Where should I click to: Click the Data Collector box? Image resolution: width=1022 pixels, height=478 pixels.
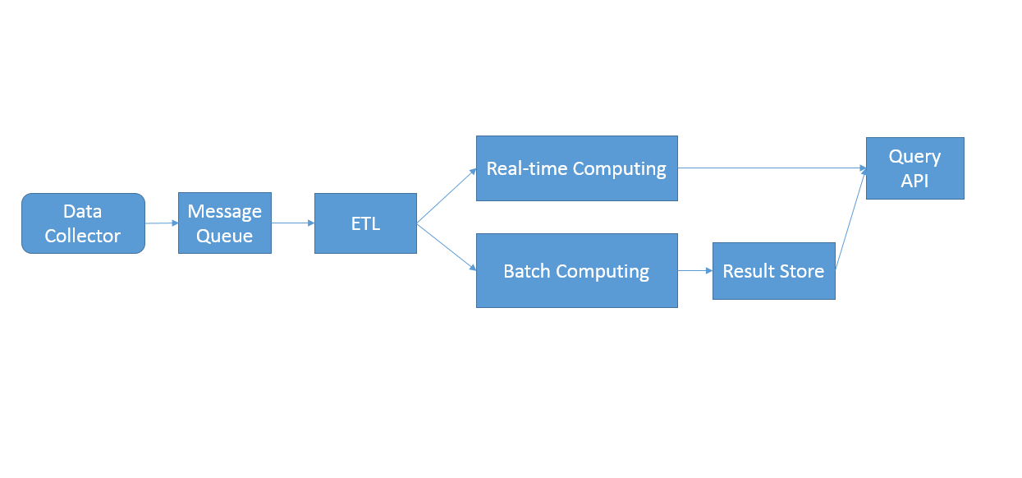click(x=83, y=223)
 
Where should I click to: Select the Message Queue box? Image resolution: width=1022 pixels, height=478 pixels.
click(x=225, y=223)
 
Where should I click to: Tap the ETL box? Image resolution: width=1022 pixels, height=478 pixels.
click(x=365, y=223)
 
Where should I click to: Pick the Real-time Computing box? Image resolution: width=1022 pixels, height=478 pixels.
click(x=577, y=168)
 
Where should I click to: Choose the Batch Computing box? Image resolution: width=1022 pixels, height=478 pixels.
click(x=577, y=271)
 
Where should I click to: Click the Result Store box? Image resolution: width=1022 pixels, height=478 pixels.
click(x=774, y=271)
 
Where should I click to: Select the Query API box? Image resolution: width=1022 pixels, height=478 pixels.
click(x=915, y=168)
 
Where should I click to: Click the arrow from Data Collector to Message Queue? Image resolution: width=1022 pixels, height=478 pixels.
click(x=162, y=223)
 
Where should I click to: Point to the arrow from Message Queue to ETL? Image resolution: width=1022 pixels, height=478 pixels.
click(x=293, y=223)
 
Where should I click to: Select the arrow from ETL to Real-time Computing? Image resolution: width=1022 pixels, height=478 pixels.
click(x=447, y=195)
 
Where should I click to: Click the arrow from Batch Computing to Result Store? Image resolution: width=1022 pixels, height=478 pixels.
click(x=695, y=271)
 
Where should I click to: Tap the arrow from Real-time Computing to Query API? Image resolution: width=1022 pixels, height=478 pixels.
click(x=772, y=168)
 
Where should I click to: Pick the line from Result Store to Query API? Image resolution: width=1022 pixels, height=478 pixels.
click(x=850, y=219)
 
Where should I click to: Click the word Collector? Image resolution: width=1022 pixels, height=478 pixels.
click(x=83, y=236)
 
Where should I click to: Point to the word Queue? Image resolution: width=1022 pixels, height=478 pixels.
click(x=224, y=237)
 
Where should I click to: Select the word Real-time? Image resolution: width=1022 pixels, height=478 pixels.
click(x=527, y=168)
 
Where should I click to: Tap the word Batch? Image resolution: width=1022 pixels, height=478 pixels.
click(x=527, y=271)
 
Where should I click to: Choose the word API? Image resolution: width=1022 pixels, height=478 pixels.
click(x=914, y=181)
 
